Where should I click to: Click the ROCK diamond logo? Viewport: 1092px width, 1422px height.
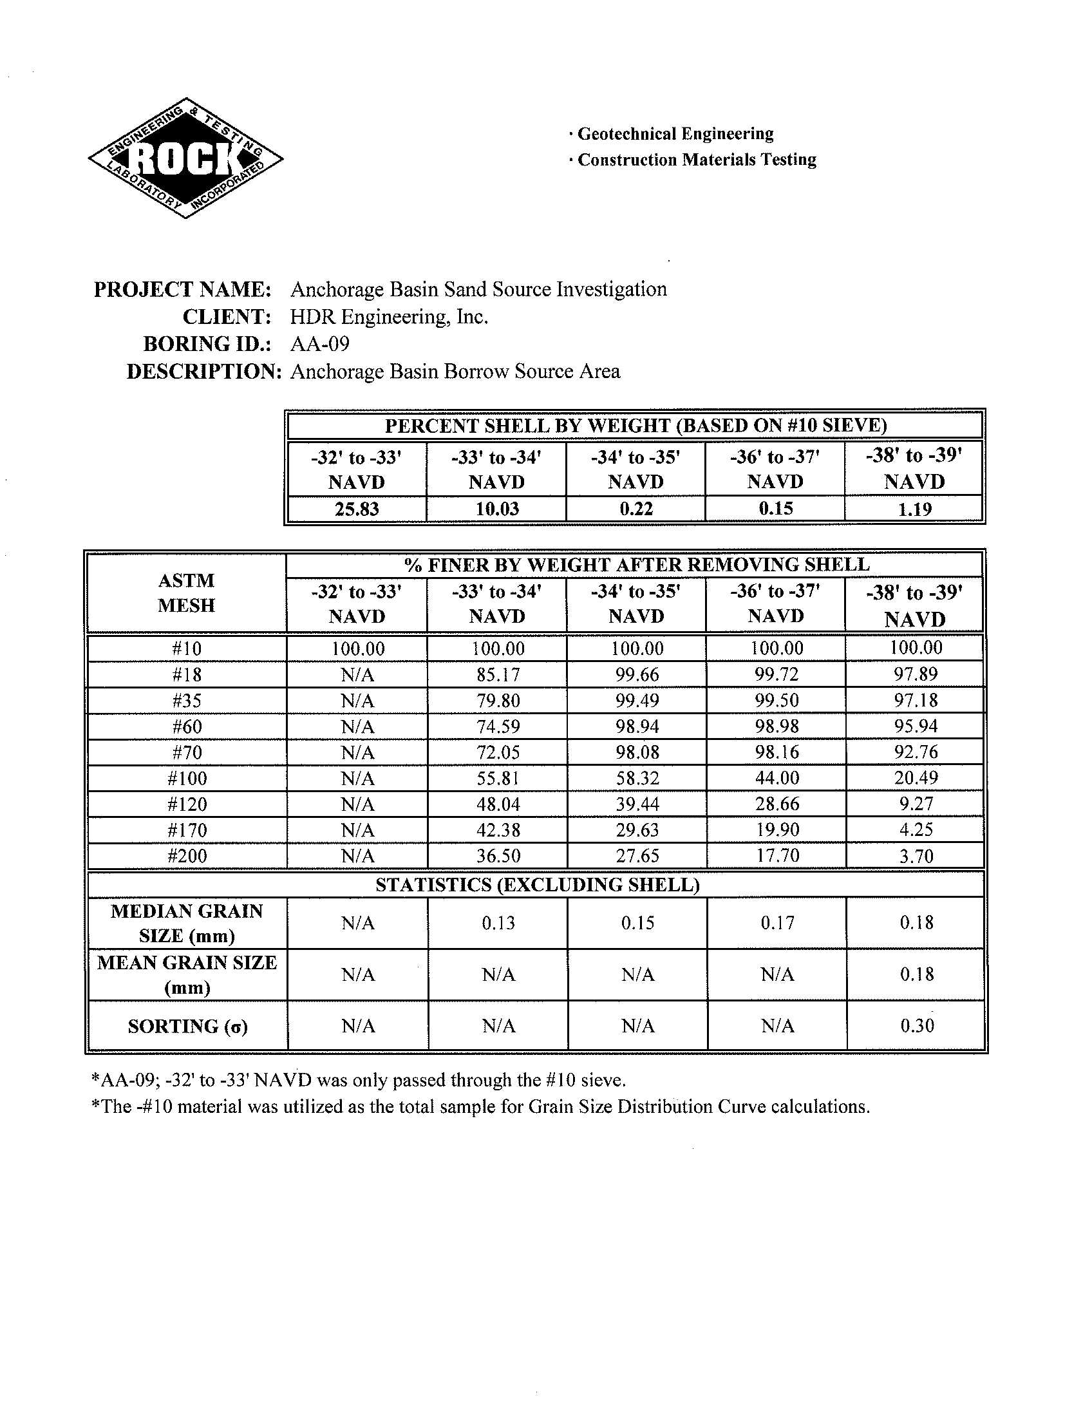click(185, 158)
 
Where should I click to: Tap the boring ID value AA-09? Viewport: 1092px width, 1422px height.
click(320, 343)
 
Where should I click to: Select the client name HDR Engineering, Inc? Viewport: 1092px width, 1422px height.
click(389, 317)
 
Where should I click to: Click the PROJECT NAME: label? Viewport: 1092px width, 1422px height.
click(182, 289)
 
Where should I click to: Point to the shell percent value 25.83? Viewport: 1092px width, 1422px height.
click(356, 509)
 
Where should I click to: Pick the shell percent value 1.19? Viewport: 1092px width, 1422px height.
click(914, 509)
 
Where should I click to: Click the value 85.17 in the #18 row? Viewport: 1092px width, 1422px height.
click(498, 674)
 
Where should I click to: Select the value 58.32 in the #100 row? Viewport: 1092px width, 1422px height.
click(637, 778)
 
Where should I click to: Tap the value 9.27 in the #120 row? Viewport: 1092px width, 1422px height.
click(916, 804)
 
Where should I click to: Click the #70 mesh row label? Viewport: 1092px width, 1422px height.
click(187, 752)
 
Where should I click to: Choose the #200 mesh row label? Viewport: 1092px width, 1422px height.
click(187, 856)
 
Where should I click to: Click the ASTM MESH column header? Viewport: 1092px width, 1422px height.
click(187, 592)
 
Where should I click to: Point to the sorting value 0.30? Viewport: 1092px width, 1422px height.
click(916, 1025)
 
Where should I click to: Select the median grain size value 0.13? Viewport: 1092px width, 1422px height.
click(498, 923)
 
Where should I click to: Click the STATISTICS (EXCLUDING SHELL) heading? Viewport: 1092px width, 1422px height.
click(537, 885)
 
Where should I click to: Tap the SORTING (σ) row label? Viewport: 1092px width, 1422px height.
click(187, 1026)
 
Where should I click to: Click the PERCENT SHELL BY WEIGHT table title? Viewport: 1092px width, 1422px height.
click(635, 426)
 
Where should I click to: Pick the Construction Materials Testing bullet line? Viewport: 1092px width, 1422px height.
click(696, 160)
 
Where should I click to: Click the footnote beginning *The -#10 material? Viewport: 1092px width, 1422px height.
click(480, 1106)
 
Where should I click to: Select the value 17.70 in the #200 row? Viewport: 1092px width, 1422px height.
click(777, 856)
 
